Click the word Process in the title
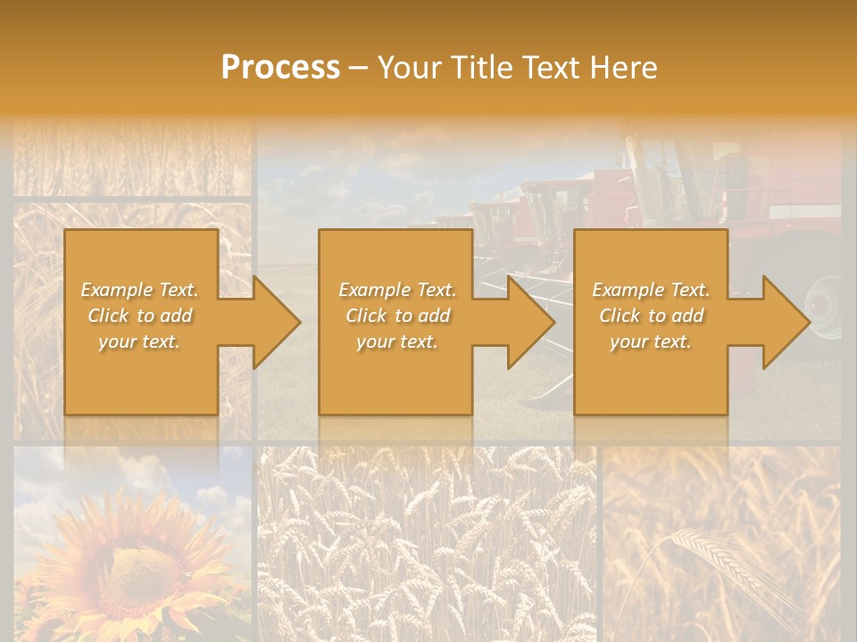[x=280, y=68]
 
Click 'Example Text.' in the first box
[x=139, y=290]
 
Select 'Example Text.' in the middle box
[x=397, y=290]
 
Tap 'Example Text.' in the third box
[x=651, y=290]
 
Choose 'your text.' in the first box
[x=139, y=342]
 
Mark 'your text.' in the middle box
[x=397, y=342]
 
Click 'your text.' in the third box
[x=651, y=342]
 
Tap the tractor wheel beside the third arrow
[x=827, y=308]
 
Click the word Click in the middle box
[x=365, y=316]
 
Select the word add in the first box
[x=176, y=316]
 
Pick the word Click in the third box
[x=619, y=316]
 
